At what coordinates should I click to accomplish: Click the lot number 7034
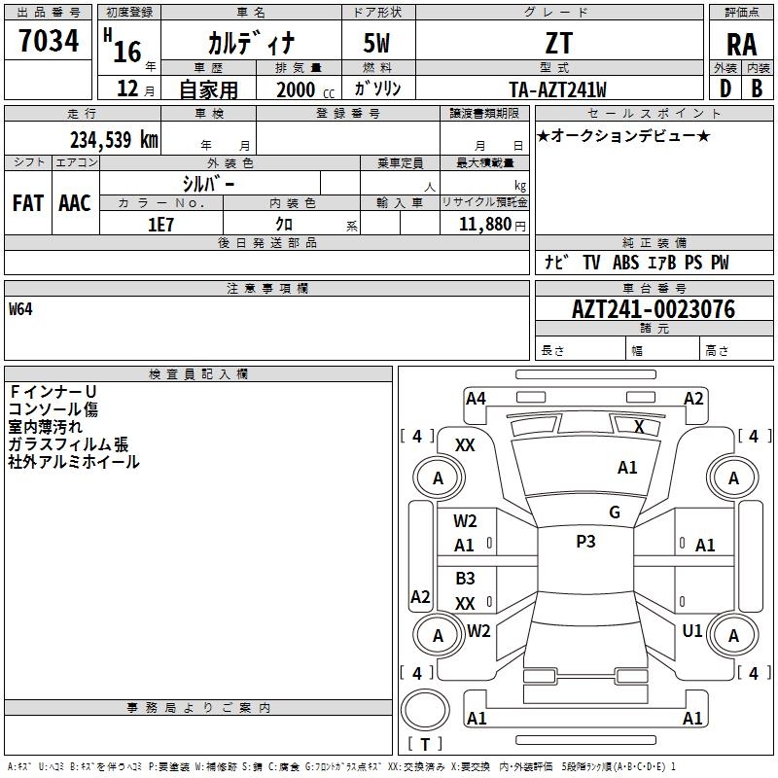click(49, 41)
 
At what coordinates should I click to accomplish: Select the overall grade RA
click(741, 45)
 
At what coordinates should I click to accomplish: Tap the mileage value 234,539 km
click(114, 140)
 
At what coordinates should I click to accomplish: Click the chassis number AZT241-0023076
click(653, 309)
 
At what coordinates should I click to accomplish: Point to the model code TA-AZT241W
click(557, 89)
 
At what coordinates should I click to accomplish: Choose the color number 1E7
click(160, 225)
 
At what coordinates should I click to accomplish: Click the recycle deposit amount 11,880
click(484, 225)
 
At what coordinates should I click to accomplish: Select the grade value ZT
click(558, 43)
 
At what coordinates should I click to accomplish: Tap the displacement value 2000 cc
click(305, 89)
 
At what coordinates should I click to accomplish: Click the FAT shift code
click(28, 203)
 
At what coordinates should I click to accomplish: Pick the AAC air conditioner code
click(75, 203)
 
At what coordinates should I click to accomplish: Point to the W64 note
click(20, 309)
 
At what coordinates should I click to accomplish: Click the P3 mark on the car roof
click(585, 541)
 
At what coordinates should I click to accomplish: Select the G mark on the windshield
click(615, 512)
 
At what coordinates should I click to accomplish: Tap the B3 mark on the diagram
click(465, 578)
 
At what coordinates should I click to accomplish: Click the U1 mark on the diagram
click(692, 630)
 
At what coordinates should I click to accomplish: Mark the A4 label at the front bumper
click(476, 399)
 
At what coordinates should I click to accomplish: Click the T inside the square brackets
click(425, 744)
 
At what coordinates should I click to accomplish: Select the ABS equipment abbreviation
click(625, 263)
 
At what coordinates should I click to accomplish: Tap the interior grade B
click(757, 88)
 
